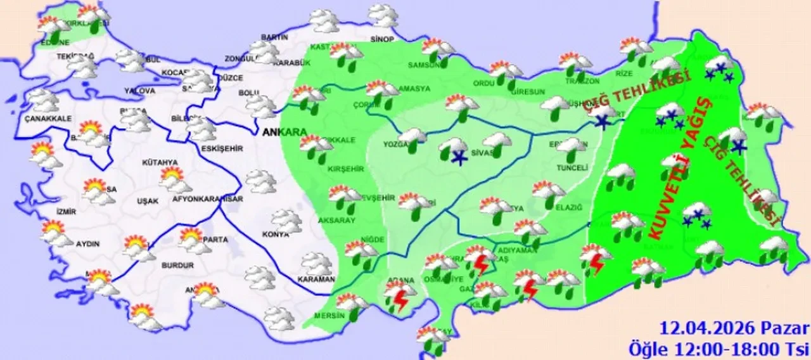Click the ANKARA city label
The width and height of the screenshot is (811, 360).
pos(283,132)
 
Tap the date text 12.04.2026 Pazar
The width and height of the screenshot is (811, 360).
pos(734,329)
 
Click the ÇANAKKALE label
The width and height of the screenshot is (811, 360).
pos(49,118)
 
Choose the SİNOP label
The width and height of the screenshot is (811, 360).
pos(382,39)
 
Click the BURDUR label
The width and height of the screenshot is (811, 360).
pos(178,266)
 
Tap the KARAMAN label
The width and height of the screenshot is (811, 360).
pos(316,279)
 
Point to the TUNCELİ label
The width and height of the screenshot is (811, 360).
pos(573,168)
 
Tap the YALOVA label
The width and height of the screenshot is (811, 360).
pos(140,91)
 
